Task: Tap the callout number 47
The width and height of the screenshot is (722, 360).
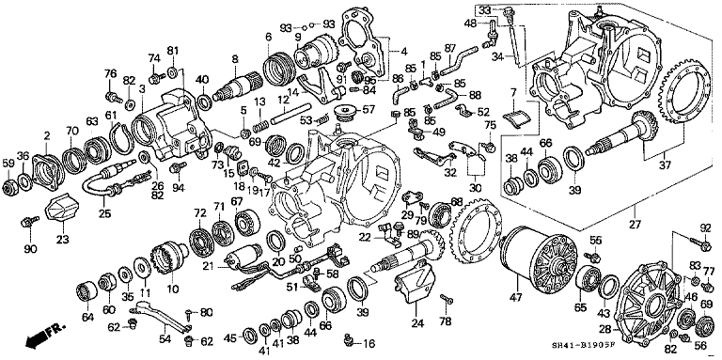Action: (x=515, y=297)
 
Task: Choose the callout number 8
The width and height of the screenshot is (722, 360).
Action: (x=234, y=58)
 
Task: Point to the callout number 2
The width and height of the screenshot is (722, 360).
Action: (x=46, y=135)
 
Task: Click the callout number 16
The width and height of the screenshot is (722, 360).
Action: (x=369, y=344)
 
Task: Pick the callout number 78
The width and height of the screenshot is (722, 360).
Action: (x=445, y=321)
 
